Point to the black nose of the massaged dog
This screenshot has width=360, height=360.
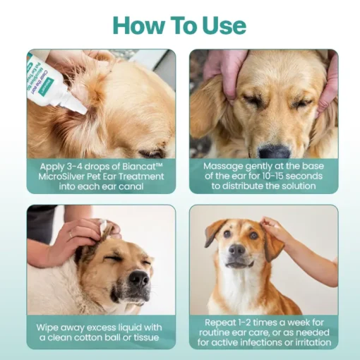274,152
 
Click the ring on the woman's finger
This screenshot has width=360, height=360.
71,234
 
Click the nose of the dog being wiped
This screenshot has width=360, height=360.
139,278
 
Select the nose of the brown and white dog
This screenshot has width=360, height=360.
236,250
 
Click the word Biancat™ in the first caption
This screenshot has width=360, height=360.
143,167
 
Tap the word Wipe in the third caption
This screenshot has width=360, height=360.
47,328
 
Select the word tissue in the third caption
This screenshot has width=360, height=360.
146,337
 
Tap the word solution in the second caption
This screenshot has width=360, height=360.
299,186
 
